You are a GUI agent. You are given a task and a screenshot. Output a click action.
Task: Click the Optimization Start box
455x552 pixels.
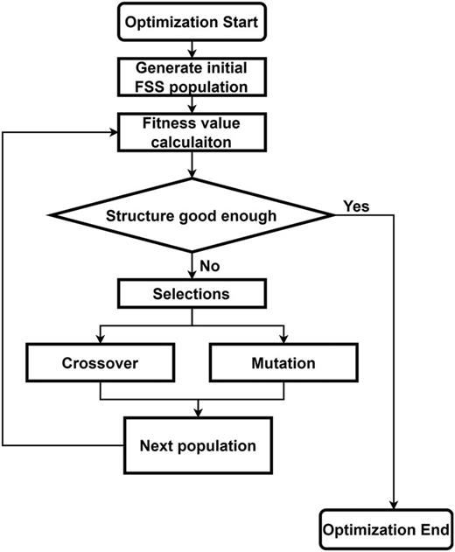(191, 20)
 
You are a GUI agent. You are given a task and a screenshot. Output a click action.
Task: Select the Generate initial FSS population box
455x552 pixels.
(191, 76)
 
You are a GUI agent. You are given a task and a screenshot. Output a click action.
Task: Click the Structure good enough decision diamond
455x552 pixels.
(191, 216)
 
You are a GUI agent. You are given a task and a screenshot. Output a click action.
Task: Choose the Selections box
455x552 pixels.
(191, 295)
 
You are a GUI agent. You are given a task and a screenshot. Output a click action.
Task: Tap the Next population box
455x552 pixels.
(198, 446)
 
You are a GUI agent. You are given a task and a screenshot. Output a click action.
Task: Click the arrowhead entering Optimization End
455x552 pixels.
(395, 505)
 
